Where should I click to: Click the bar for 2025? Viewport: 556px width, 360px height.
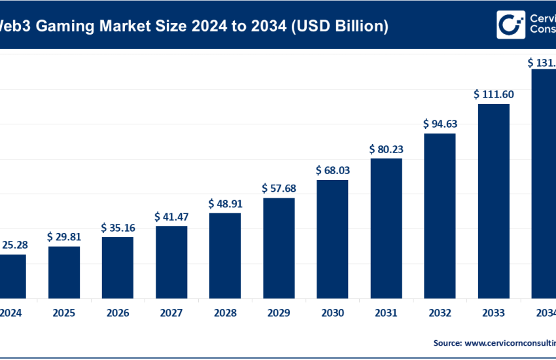64,272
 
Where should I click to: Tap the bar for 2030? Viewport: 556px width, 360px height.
332,238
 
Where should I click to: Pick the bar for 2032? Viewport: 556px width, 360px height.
440,215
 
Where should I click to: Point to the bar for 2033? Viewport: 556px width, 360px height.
493,200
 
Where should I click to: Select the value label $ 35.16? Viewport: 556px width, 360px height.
118,228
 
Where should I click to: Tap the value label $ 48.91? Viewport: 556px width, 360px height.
225,204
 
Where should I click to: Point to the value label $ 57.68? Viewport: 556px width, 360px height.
279,189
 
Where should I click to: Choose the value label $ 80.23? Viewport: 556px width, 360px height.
386,149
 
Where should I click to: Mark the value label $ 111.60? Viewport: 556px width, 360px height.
493,94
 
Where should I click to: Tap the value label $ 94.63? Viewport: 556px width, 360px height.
440,124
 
